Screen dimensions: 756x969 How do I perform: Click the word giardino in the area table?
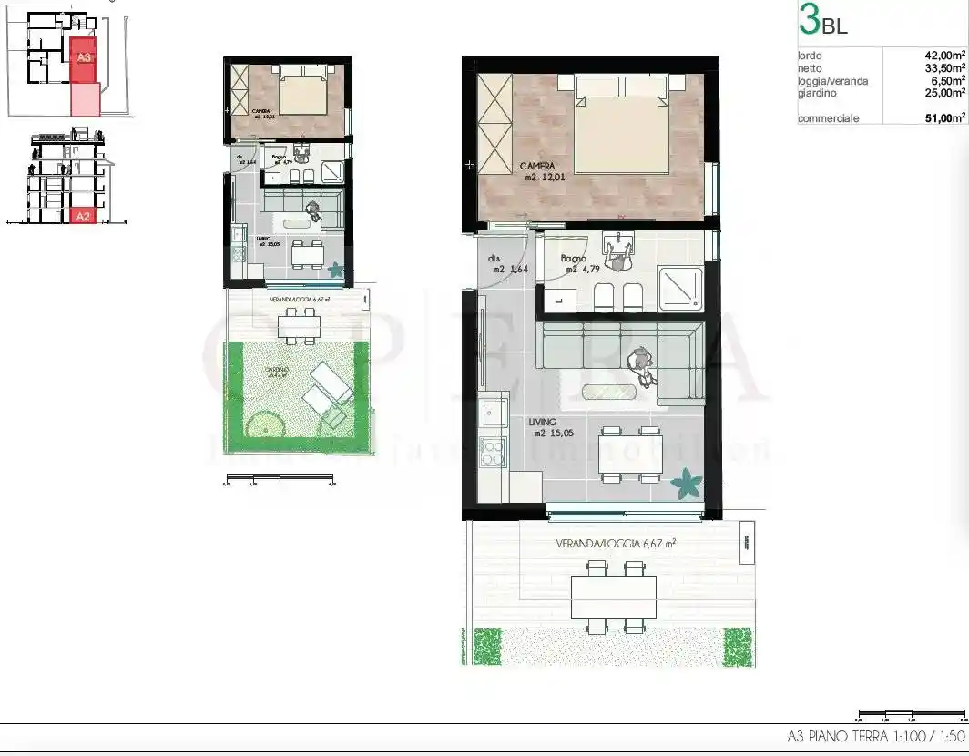[x=817, y=93]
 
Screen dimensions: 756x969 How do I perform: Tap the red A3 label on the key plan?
[x=84, y=56]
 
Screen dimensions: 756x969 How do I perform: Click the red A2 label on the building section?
[x=83, y=216]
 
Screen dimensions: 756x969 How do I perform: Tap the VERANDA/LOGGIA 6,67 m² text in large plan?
[x=616, y=544]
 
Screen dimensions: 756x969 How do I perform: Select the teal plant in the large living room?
[x=686, y=484]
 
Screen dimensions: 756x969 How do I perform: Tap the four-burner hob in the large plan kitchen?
[x=493, y=452]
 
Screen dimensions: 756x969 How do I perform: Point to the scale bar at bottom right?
[x=912, y=715]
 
